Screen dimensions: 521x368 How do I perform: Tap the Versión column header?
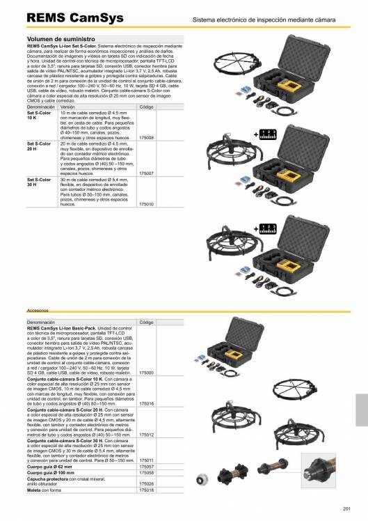(67, 108)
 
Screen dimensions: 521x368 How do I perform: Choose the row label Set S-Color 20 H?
(39, 146)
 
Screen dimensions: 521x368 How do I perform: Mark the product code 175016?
(147, 403)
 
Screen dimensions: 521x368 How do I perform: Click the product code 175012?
(147, 434)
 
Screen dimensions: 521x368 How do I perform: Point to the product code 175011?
(147, 460)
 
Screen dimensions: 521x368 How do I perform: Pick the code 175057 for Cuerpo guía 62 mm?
(147, 466)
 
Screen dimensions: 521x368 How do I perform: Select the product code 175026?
(147, 483)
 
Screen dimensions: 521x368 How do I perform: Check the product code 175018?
(147, 490)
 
